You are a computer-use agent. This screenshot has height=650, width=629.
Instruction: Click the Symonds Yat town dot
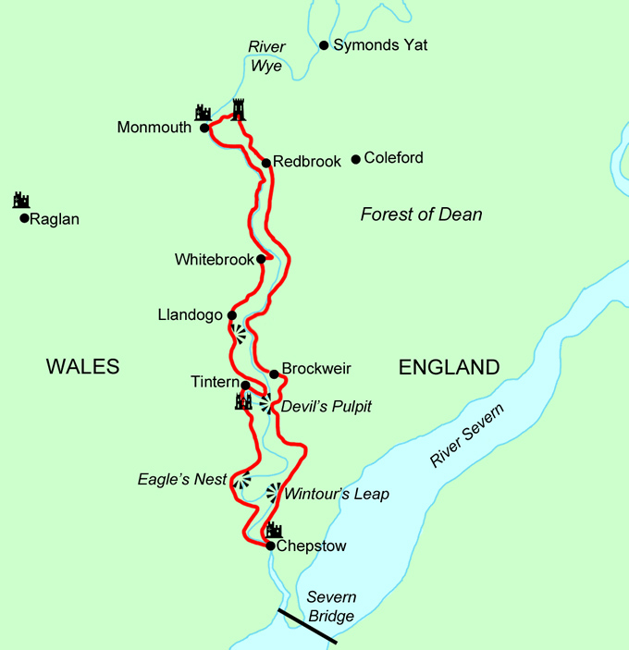click(324, 45)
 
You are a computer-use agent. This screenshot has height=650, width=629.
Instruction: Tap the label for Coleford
click(393, 158)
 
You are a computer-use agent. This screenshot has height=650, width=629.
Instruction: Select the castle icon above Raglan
click(21, 200)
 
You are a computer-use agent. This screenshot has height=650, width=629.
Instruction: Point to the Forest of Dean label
click(421, 215)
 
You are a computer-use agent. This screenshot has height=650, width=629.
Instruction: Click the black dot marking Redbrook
click(266, 163)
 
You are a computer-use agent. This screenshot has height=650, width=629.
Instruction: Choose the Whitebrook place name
click(214, 260)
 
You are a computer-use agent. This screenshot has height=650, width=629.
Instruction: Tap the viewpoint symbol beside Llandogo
click(239, 334)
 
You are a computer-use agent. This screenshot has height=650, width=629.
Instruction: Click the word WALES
click(83, 367)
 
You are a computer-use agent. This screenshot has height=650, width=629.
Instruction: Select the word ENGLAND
click(449, 367)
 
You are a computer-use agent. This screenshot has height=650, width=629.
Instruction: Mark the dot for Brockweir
click(274, 374)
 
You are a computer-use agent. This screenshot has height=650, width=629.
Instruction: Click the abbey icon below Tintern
click(243, 401)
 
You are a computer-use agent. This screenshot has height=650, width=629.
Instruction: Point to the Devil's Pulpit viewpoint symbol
click(265, 404)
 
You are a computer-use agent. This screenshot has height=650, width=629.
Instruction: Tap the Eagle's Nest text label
click(182, 479)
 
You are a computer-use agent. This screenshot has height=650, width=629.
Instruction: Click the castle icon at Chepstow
click(274, 530)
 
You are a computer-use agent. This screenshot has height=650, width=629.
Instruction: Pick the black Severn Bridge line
click(308, 626)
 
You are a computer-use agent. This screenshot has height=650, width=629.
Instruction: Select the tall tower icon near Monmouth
click(240, 110)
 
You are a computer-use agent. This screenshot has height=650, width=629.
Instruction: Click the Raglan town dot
click(24, 219)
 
